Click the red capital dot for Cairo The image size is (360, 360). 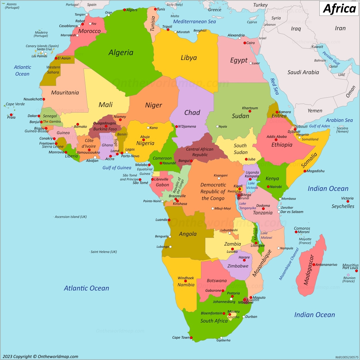(x=245, y=43)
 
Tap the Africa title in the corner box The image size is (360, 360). (x=339, y=9)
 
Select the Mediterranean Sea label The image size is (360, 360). (x=194, y=22)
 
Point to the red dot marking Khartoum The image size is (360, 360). (x=250, y=111)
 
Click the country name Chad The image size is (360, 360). (x=192, y=113)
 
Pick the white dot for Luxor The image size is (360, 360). (x=251, y=63)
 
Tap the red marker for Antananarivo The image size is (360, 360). (x=314, y=264)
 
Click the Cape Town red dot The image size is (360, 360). (x=191, y=338)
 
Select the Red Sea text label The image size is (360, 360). (x=274, y=86)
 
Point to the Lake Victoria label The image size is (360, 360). (x=252, y=185)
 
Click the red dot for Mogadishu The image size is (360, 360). (x=305, y=171)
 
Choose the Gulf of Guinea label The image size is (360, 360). (x=117, y=168)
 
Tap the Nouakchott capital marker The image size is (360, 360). (x=44, y=99)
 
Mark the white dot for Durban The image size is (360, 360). (x=244, y=317)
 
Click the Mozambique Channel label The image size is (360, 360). (x=289, y=264)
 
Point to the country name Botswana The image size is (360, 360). (x=217, y=281)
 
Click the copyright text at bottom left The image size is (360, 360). (x=40, y=357)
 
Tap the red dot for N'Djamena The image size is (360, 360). (x=177, y=126)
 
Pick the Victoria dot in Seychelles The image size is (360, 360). (x=348, y=201)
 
